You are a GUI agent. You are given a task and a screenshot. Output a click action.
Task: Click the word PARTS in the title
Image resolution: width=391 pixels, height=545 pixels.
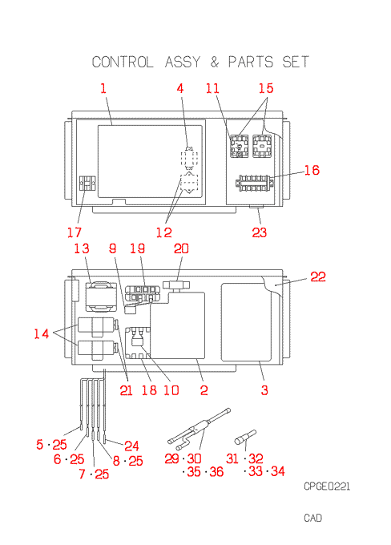251,63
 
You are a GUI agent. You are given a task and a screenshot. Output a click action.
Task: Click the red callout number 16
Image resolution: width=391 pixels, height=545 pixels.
312,170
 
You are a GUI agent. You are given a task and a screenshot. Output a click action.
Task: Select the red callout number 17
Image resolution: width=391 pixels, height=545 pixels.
75,232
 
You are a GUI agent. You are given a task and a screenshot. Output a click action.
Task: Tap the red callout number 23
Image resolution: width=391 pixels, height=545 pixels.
260,232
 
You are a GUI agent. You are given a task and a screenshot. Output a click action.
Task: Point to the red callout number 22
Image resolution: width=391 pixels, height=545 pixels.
318,277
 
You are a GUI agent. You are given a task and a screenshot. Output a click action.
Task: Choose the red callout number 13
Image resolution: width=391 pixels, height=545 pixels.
82,248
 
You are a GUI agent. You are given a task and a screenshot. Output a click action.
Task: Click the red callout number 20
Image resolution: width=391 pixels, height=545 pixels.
181,248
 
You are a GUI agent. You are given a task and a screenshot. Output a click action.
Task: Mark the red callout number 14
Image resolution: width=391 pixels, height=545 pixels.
42,333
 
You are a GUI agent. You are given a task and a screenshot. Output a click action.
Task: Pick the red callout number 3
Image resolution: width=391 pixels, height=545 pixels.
264,390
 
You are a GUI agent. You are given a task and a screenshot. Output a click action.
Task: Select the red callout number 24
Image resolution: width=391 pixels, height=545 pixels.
131,446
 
